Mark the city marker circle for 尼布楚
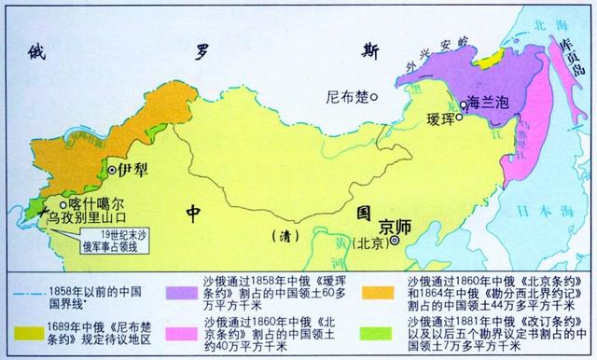373,95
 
